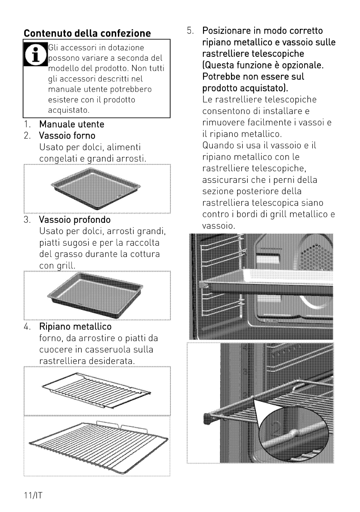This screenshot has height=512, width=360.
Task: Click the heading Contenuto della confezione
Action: (x=87, y=33)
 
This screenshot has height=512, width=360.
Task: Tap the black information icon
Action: (x=36, y=54)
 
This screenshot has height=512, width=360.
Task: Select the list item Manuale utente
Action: (x=71, y=124)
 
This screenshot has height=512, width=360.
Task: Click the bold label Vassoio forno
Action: (x=67, y=136)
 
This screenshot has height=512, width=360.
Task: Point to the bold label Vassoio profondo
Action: (x=75, y=219)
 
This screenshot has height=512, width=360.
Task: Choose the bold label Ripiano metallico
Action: (x=75, y=327)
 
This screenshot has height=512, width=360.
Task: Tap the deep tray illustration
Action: (x=95, y=295)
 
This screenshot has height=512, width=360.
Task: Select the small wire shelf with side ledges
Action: (x=96, y=390)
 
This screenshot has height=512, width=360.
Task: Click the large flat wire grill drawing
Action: (x=98, y=446)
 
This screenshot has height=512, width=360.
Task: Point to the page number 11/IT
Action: (x=33, y=495)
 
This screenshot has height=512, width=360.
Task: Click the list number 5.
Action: (x=190, y=31)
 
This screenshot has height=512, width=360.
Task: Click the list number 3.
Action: (x=27, y=220)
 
